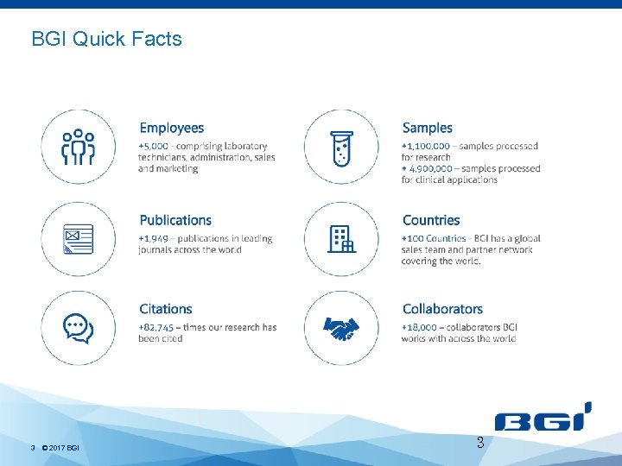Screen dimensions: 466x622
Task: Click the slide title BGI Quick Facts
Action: (x=106, y=39)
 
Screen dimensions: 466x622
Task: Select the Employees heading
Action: (x=171, y=129)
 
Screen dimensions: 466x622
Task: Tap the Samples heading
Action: (x=427, y=129)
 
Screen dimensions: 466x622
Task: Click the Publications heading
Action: (x=175, y=221)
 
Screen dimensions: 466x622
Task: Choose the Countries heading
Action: (x=431, y=221)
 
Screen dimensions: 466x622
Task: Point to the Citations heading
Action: (x=166, y=309)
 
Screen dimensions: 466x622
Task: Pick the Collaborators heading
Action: (x=442, y=309)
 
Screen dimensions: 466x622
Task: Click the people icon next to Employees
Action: (x=78, y=147)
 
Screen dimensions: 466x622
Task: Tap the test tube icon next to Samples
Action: (x=341, y=147)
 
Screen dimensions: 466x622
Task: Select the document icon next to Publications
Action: (x=78, y=239)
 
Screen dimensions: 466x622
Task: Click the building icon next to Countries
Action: (x=341, y=239)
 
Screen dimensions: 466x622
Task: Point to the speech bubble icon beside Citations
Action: (x=78, y=328)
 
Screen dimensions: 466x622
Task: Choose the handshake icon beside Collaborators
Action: (x=341, y=328)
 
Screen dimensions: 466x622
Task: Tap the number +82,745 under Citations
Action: (x=156, y=328)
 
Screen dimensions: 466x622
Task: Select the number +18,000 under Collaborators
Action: (x=420, y=328)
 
